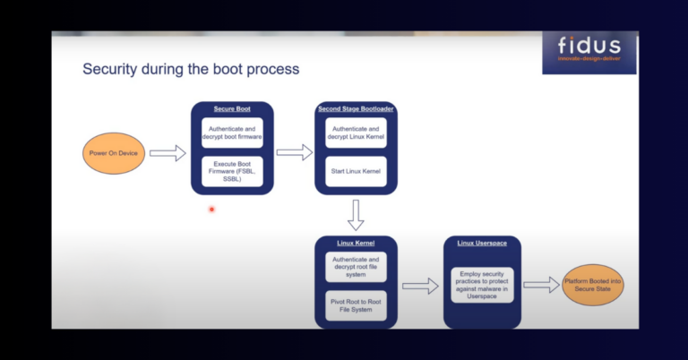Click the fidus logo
click(589, 53)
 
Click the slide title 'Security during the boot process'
click(191, 68)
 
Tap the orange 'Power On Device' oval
click(114, 153)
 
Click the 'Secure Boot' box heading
click(232, 108)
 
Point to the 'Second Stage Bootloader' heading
click(357, 108)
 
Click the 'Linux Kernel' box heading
click(357, 243)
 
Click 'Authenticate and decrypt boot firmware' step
click(232, 133)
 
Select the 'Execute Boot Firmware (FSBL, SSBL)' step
click(232, 171)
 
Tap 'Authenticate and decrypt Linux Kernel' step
click(357, 133)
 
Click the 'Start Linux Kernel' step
click(357, 171)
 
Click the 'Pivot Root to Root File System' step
click(357, 304)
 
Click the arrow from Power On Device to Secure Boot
click(167, 154)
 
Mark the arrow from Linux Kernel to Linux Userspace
click(419, 286)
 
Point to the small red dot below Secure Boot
click(211, 210)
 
